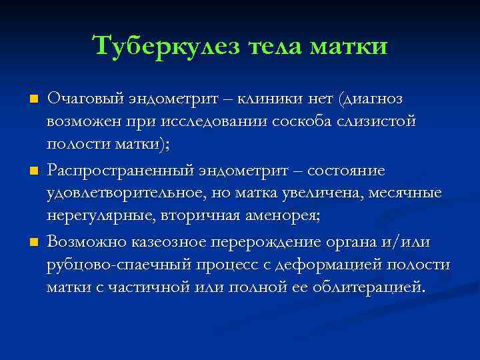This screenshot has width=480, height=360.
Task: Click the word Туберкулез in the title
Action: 167,46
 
